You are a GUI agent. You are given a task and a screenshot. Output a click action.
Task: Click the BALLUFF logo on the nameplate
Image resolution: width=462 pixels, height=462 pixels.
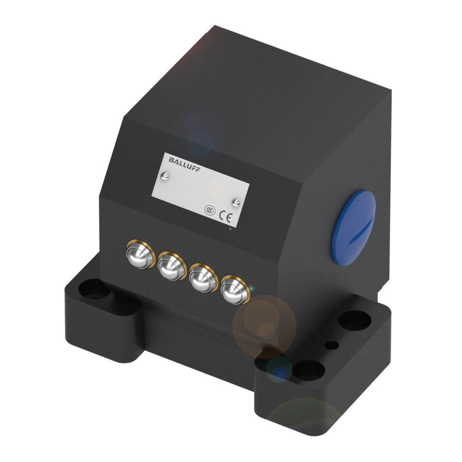coord(181,162)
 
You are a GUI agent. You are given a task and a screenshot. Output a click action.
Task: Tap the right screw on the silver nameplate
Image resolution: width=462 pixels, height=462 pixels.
coord(236,201)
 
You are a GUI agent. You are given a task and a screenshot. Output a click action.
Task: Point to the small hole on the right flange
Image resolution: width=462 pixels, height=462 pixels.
coord(331,345)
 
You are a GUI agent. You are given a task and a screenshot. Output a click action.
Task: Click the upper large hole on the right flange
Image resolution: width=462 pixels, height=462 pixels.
coord(355,320)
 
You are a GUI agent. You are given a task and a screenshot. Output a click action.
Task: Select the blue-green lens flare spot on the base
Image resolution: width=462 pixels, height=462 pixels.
coord(279,368)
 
